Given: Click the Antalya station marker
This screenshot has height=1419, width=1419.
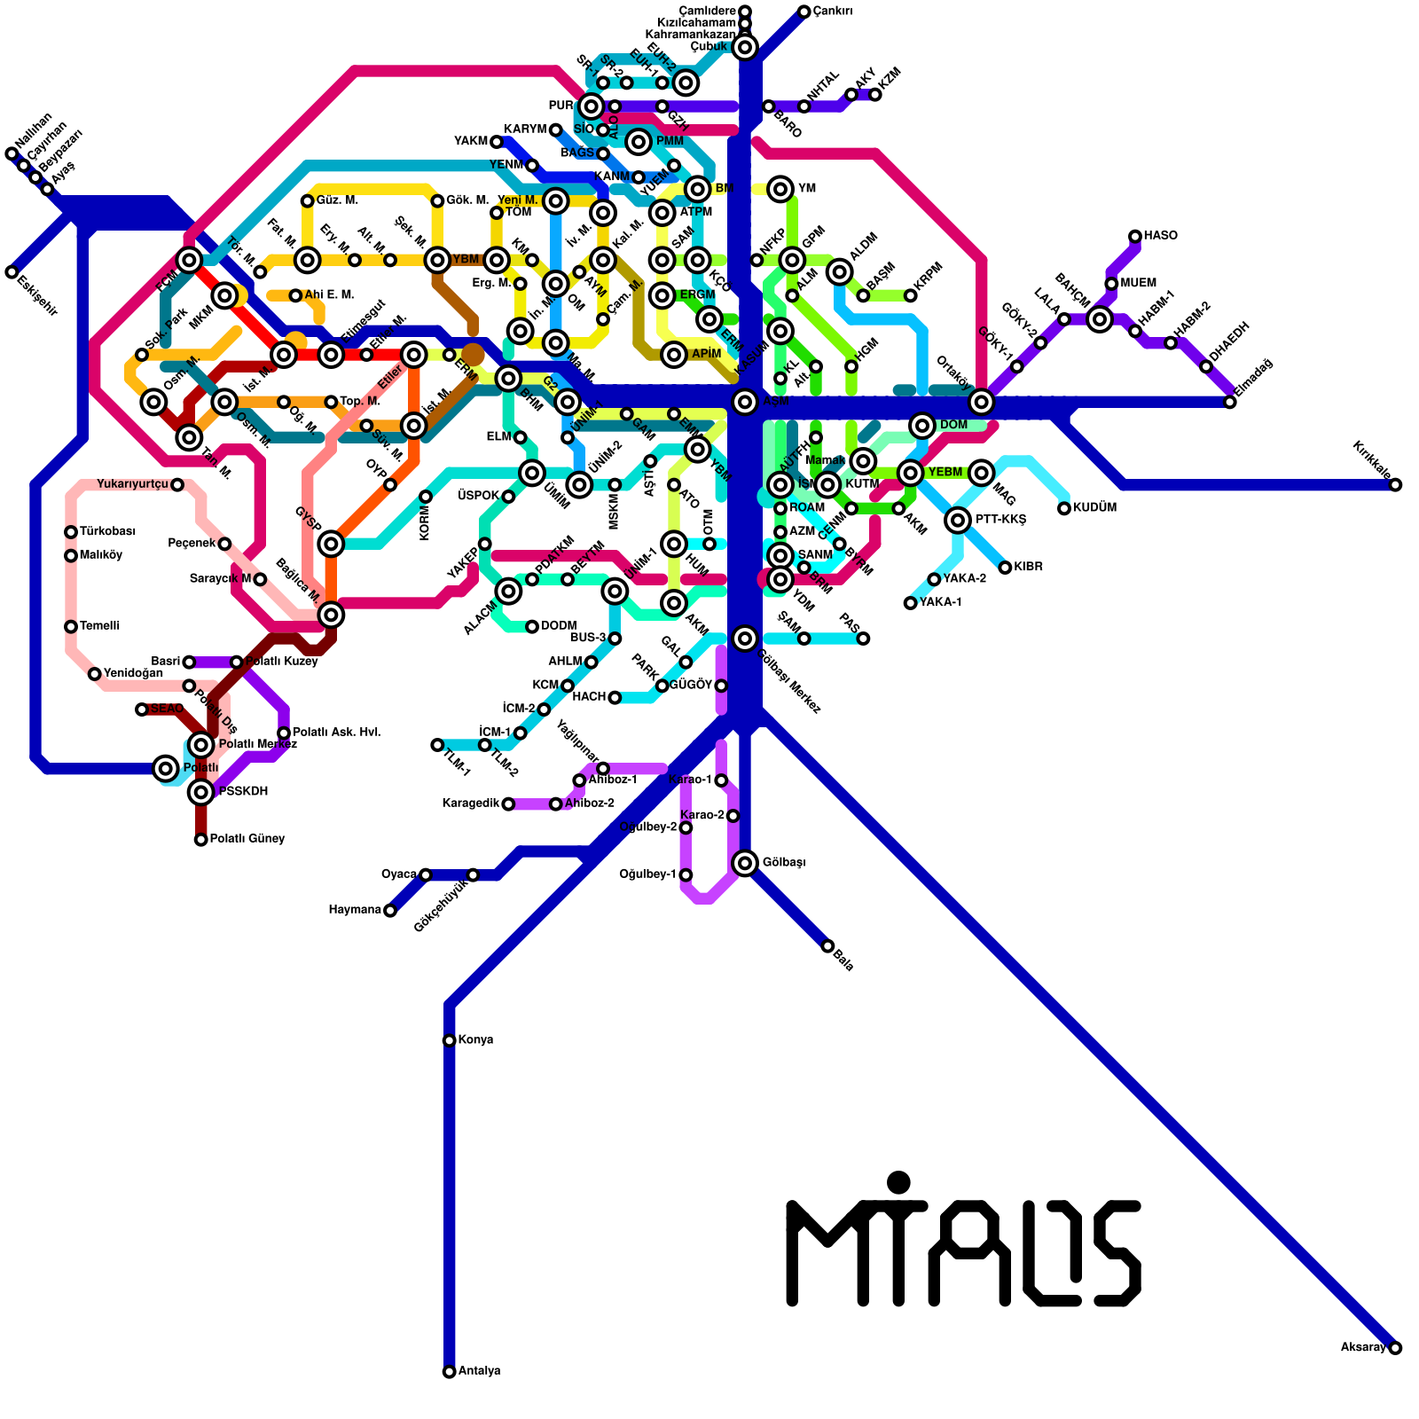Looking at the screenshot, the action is coord(449,1371).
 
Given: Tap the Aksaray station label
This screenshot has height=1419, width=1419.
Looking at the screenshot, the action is coord(1363,1348).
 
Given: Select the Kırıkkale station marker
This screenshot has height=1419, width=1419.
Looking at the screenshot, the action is coord(1395,484).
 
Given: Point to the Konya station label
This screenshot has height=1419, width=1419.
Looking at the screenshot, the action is coord(476,1039).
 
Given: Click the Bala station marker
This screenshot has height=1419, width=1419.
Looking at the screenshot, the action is coord(827,946).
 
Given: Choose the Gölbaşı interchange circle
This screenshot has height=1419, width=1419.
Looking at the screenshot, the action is coord(745,862).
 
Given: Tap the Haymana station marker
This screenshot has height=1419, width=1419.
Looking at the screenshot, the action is coord(389,910).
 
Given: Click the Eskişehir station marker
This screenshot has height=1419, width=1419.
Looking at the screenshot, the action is coord(12,271).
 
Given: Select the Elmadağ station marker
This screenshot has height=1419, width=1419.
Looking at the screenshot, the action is coord(1230,402).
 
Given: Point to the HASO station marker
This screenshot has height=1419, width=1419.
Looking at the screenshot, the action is coord(1135,236).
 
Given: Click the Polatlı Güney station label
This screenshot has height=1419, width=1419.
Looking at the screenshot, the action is coord(247,839).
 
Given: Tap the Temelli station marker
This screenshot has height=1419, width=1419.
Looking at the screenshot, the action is coord(71,626).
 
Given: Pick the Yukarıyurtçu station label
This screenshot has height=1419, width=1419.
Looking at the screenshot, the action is coord(132,484).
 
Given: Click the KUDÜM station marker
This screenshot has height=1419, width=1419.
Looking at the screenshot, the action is coord(1064,508).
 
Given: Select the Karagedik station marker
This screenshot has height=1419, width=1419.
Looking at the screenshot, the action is coord(508,804).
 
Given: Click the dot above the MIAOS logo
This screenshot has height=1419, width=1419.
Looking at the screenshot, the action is coord(898,1182).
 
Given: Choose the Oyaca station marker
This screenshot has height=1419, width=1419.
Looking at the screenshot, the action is coord(426,874).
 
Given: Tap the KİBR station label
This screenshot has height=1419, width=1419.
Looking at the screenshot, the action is coord(1029,567).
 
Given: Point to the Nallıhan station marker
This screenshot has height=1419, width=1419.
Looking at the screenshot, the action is coord(12,153).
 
